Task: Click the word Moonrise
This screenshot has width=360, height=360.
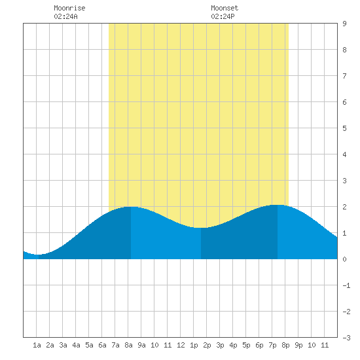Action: (69, 8)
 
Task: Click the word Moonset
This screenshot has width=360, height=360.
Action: (225, 8)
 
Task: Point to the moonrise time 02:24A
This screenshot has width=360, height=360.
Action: (65, 16)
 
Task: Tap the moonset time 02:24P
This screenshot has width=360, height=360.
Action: (223, 16)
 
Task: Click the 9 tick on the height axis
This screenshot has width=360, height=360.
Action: (344, 24)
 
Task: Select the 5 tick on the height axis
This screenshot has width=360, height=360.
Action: (344, 128)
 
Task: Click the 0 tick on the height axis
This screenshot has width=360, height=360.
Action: (344, 259)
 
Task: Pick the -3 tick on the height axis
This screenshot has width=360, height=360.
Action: (346, 338)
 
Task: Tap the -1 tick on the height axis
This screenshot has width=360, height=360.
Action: (346, 285)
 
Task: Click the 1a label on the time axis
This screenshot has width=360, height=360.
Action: (37, 345)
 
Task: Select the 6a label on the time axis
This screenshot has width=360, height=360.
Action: (102, 345)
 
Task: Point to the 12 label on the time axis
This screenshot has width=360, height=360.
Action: (181, 345)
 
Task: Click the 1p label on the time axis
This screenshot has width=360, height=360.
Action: (194, 345)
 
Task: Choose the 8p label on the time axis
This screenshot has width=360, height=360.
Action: (285, 345)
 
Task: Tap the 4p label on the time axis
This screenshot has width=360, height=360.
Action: (233, 345)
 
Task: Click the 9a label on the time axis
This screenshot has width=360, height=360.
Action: (141, 345)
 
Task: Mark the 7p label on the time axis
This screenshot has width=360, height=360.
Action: (272, 345)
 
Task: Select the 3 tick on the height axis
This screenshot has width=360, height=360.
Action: (344, 181)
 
